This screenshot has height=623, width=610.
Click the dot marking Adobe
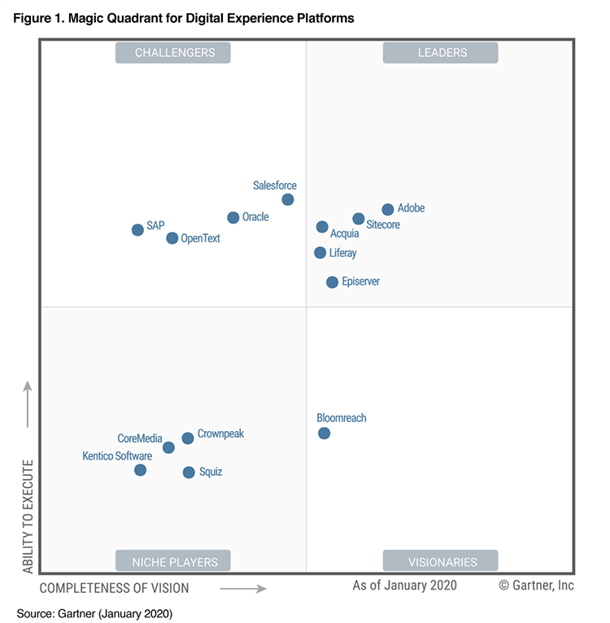pyautogui.click(x=388, y=210)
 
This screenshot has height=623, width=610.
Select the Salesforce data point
pyautogui.click(x=288, y=200)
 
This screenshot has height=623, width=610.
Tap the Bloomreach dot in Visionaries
pyautogui.click(x=325, y=433)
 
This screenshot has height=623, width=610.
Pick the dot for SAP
pyautogui.click(x=138, y=230)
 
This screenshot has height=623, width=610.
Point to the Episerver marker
pyautogui.click(x=332, y=282)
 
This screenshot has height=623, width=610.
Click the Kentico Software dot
pyautogui.click(x=141, y=470)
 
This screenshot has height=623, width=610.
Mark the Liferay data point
pyautogui.click(x=320, y=253)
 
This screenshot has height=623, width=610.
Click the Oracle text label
pyautogui.click(x=255, y=217)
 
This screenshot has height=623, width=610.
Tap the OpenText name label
pyautogui.click(x=200, y=238)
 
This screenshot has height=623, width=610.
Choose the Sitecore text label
pyautogui.click(x=383, y=224)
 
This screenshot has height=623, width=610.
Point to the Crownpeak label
pyautogui.click(x=220, y=433)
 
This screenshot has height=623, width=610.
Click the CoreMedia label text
pyautogui.click(x=140, y=438)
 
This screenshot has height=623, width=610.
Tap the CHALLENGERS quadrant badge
pyautogui.click(x=174, y=53)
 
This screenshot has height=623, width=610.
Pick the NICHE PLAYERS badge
pyautogui.click(x=174, y=561)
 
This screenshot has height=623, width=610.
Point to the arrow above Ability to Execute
pyautogui.click(x=28, y=403)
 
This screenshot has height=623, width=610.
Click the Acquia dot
pyautogui.click(x=322, y=227)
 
